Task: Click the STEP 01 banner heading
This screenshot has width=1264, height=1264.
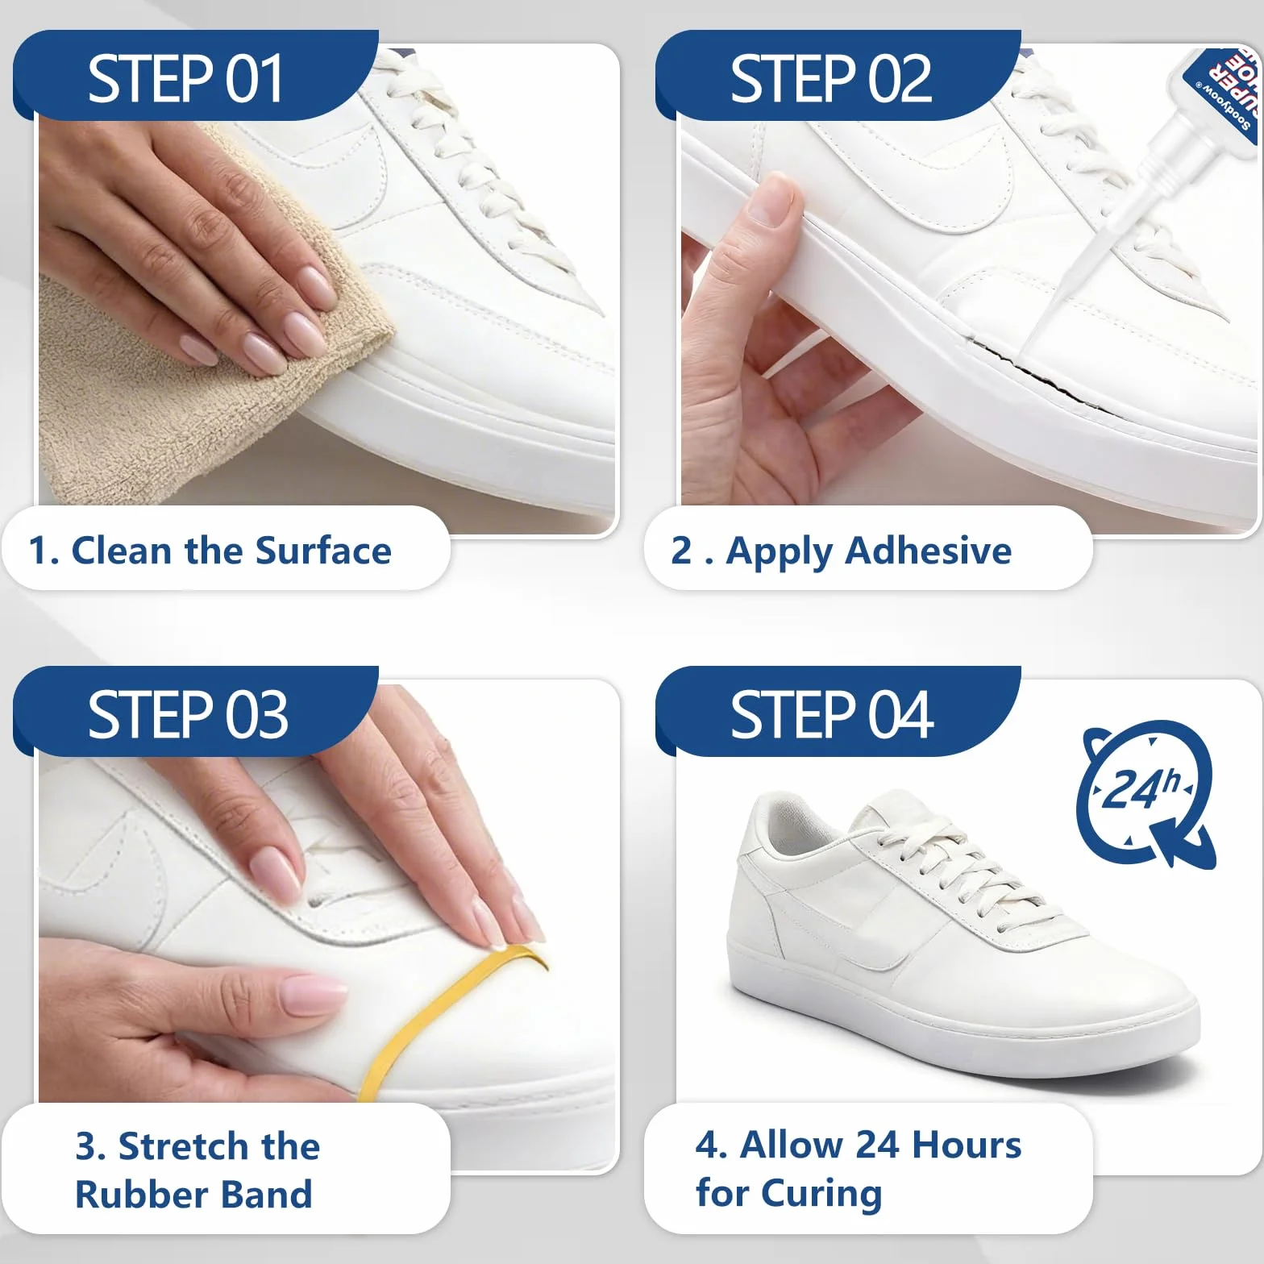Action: click(x=185, y=79)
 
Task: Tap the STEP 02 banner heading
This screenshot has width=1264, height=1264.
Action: click(x=830, y=79)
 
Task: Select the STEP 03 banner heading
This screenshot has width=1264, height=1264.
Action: click(x=188, y=715)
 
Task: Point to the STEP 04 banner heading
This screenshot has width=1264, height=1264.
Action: click(x=832, y=715)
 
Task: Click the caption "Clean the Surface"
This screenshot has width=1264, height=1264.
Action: click(x=231, y=551)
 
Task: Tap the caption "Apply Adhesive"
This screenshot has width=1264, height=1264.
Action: click(x=869, y=552)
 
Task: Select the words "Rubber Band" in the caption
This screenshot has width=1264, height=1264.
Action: click(x=193, y=1195)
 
